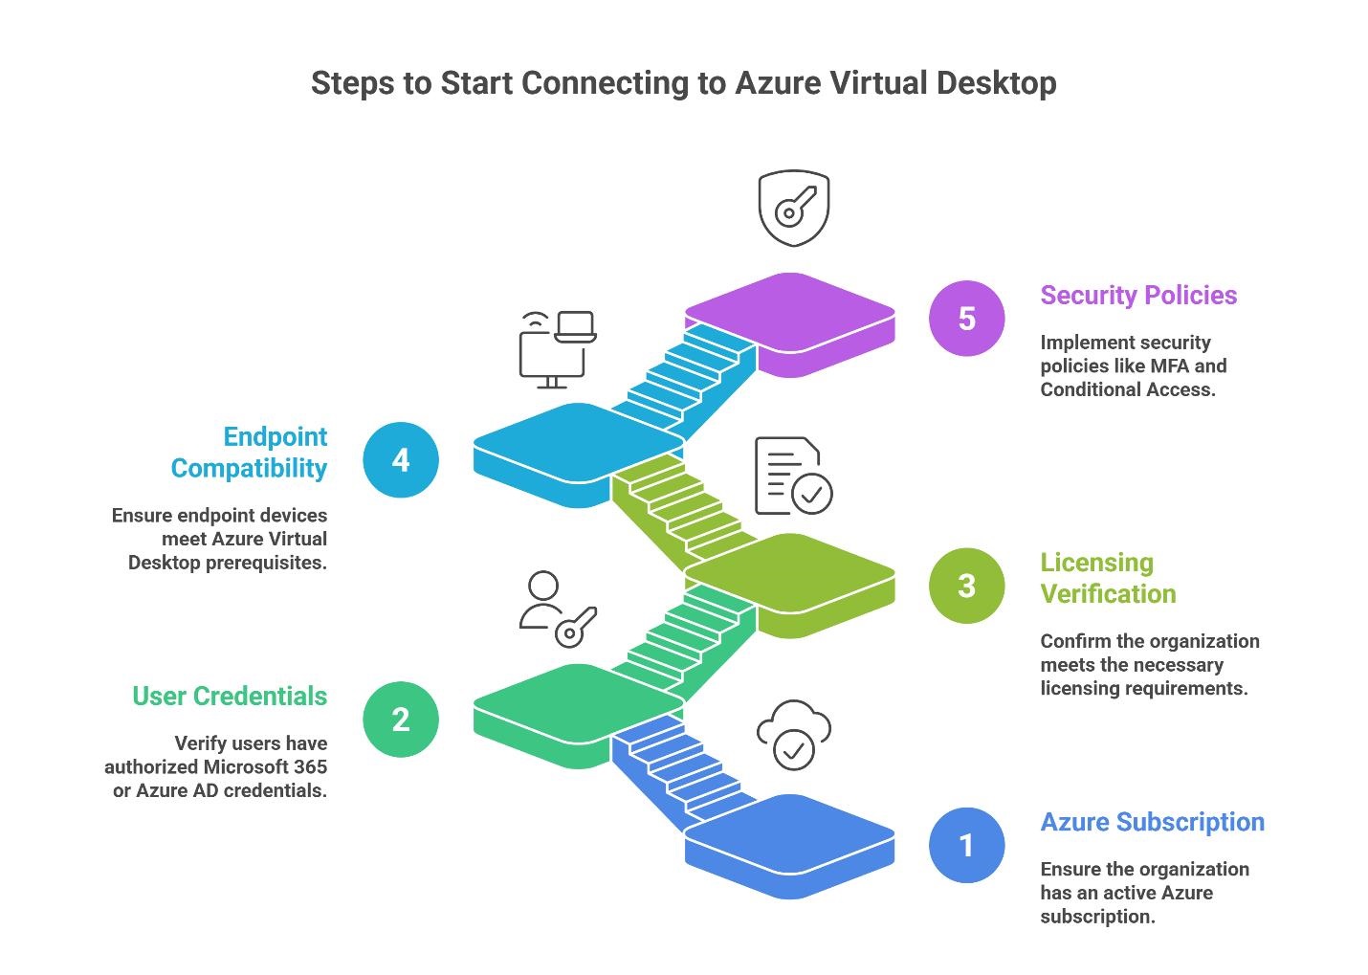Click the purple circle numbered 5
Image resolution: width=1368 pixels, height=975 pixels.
click(966, 319)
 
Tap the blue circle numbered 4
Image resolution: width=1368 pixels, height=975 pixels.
click(401, 460)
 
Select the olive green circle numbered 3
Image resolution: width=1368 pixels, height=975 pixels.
click(966, 586)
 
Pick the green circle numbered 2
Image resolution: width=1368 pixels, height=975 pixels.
click(401, 720)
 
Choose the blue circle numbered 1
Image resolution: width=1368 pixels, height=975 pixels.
click(966, 846)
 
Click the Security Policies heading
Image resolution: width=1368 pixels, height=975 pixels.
click(1138, 296)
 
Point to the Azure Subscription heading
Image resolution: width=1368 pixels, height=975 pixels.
click(1152, 823)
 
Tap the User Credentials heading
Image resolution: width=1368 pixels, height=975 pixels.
click(230, 697)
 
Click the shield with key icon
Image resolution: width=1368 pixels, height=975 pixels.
click(793, 208)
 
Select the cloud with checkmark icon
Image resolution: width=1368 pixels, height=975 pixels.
click(793, 736)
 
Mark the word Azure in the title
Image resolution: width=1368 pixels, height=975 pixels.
click(778, 83)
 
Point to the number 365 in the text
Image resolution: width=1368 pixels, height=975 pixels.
click(310, 767)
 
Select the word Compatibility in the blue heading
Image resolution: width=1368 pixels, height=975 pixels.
click(249, 469)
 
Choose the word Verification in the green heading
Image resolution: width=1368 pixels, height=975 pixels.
click(1108, 594)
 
